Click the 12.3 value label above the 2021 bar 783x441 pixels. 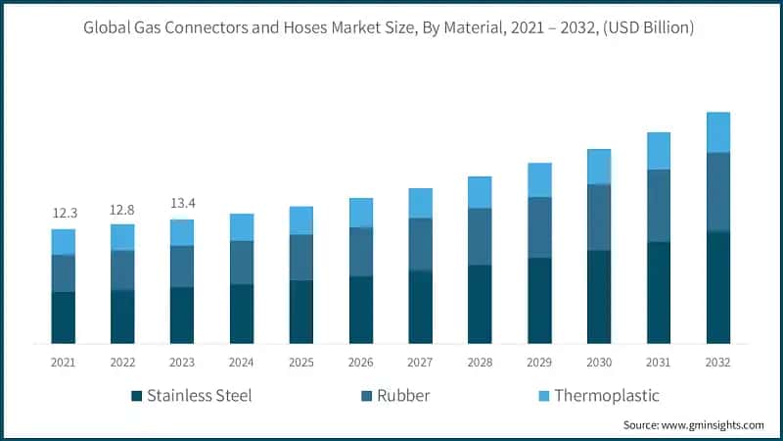[64, 214]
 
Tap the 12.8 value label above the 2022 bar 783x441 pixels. [122, 209]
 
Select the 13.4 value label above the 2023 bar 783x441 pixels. [182, 203]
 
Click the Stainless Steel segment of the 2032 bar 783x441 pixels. [718, 287]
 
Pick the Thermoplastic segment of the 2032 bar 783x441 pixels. [718, 132]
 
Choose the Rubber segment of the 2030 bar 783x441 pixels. [599, 217]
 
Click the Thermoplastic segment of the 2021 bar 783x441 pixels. [64, 242]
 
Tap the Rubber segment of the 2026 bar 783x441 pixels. [361, 252]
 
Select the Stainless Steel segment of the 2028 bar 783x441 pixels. [480, 304]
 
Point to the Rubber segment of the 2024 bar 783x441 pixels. [242, 263]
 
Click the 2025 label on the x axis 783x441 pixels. [301, 363]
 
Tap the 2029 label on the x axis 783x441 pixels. [539, 363]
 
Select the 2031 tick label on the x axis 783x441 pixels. [659, 363]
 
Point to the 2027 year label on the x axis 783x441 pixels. [420, 363]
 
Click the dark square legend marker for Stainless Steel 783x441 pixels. [136, 397]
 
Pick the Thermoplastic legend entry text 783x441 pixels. [606, 396]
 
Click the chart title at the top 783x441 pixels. [391, 28]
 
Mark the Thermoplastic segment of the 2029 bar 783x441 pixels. [539, 180]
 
